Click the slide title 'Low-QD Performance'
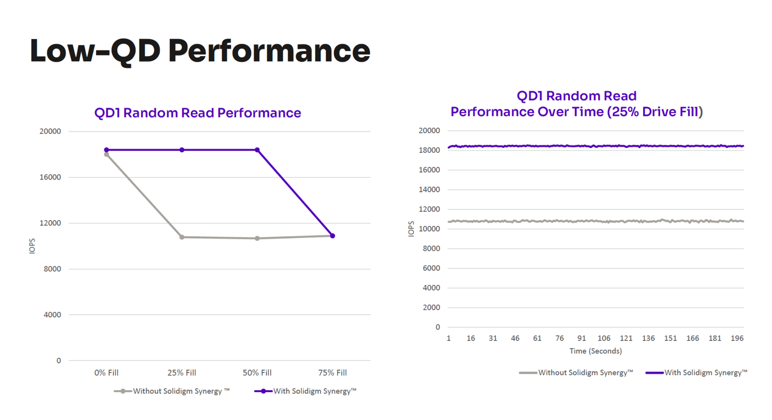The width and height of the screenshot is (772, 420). [200, 51]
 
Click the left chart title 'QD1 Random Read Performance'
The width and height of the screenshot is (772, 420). [198, 113]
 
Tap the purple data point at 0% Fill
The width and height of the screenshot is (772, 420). [106, 150]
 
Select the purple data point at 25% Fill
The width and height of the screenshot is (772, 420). [182, 150]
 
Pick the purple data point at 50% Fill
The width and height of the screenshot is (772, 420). [257, 150]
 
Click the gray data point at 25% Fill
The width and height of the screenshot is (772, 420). [182, 237]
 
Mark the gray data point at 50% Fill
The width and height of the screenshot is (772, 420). [257, 238]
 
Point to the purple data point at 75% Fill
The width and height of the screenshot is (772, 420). [333, 236]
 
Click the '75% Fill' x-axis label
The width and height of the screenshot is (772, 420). [333, 373]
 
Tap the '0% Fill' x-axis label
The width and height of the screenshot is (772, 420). [106, 373]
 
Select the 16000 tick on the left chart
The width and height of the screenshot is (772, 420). [50, 177]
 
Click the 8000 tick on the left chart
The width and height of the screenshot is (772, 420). [52, 269]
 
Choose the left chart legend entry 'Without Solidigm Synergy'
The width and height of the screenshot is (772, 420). [172, 391]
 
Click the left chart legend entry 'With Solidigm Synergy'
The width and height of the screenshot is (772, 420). [305, 391]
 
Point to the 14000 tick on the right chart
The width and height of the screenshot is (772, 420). [429, 189]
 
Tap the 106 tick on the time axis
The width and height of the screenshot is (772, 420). [604, 338]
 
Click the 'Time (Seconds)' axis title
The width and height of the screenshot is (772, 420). [596, 351]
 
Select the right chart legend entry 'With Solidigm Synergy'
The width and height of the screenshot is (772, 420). [697, 373]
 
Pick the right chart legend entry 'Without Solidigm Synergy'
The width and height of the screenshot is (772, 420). [576, 373]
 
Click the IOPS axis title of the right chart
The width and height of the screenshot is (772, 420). [411, 229]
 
